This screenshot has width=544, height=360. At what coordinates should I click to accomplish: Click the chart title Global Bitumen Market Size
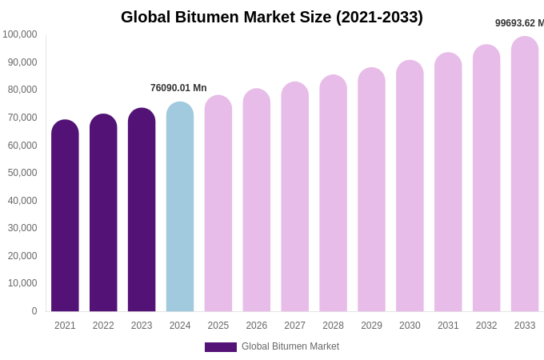[x=272, y=17]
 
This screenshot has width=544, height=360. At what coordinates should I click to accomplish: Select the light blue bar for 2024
[x=180, y=208]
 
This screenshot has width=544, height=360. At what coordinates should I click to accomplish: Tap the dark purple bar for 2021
[x=65, y=216]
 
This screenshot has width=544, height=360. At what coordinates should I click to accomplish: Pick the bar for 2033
[x=525, y=176]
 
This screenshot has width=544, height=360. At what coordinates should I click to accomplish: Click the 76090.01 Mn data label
[x=178, y=88]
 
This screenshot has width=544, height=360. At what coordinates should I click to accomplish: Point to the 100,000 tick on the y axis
[x=20, y=34]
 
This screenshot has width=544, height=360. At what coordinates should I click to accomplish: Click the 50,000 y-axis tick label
[x=22, y=173]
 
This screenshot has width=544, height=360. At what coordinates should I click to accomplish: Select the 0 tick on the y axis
[x=34, y=311]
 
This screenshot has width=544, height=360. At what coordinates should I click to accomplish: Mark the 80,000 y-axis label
[x=22, y=90]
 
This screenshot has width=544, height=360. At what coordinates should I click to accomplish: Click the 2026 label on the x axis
[x=257, y=326]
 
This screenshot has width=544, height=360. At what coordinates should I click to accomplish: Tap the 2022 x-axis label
[x=103, y=326]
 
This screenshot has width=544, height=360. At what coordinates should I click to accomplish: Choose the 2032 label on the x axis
[x=486, y=326]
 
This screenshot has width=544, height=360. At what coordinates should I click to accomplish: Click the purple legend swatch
[x=220, y=347]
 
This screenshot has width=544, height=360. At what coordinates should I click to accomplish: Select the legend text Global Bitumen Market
[x=290, y=346]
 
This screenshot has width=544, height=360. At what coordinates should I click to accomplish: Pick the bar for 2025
[x=218, y=204]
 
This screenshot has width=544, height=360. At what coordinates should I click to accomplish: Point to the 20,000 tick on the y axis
[x=22, y=256]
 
